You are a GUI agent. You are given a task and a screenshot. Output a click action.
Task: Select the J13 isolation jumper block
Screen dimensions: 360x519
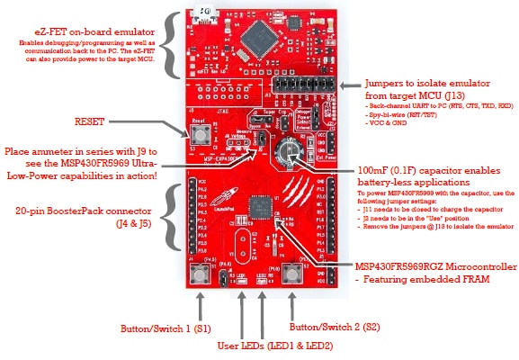[x=301, y=90]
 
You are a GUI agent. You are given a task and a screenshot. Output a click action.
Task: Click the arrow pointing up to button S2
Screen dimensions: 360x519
[x=291, y=303]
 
